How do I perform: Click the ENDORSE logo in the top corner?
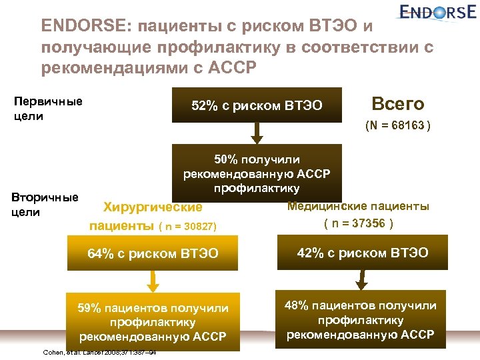439,13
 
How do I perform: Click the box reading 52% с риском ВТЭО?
257,105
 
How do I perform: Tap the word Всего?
397,104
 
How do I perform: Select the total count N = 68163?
397,125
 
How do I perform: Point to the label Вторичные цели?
45,204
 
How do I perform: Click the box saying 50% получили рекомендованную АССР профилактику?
257,171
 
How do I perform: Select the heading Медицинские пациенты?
358,206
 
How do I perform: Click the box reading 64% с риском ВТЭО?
153,253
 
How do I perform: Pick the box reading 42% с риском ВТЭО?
362,253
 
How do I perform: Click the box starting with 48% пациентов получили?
361,319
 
